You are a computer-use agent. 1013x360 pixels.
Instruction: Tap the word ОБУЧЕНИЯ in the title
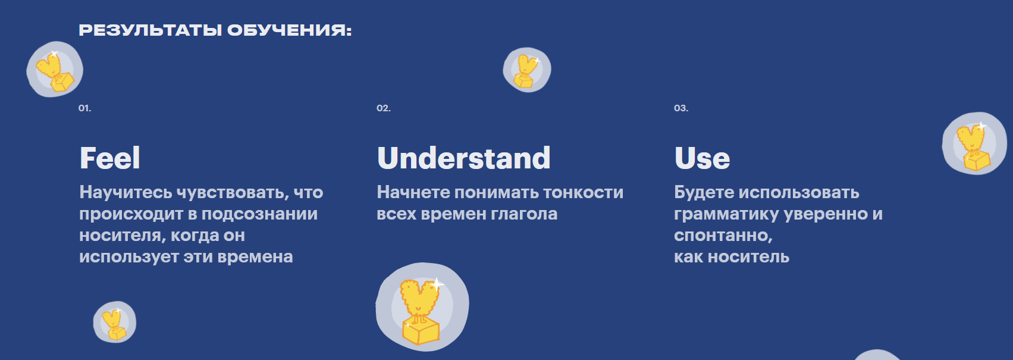pos(289,30)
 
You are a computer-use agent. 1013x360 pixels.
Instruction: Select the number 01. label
pos(85,108)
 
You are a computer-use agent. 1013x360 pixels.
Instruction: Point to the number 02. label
pos(384,108)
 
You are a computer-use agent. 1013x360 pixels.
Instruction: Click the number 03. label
pos(681,108)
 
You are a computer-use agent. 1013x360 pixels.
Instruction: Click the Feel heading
pos(110,158)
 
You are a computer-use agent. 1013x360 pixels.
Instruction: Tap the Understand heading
pos(464,158)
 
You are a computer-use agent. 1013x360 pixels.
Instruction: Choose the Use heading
pos(702,158)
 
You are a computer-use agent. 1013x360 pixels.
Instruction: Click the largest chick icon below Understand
pos(422,307)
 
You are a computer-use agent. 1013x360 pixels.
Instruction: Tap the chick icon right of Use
pos(974,143)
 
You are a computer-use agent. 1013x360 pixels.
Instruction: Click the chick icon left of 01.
pos(55,70)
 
